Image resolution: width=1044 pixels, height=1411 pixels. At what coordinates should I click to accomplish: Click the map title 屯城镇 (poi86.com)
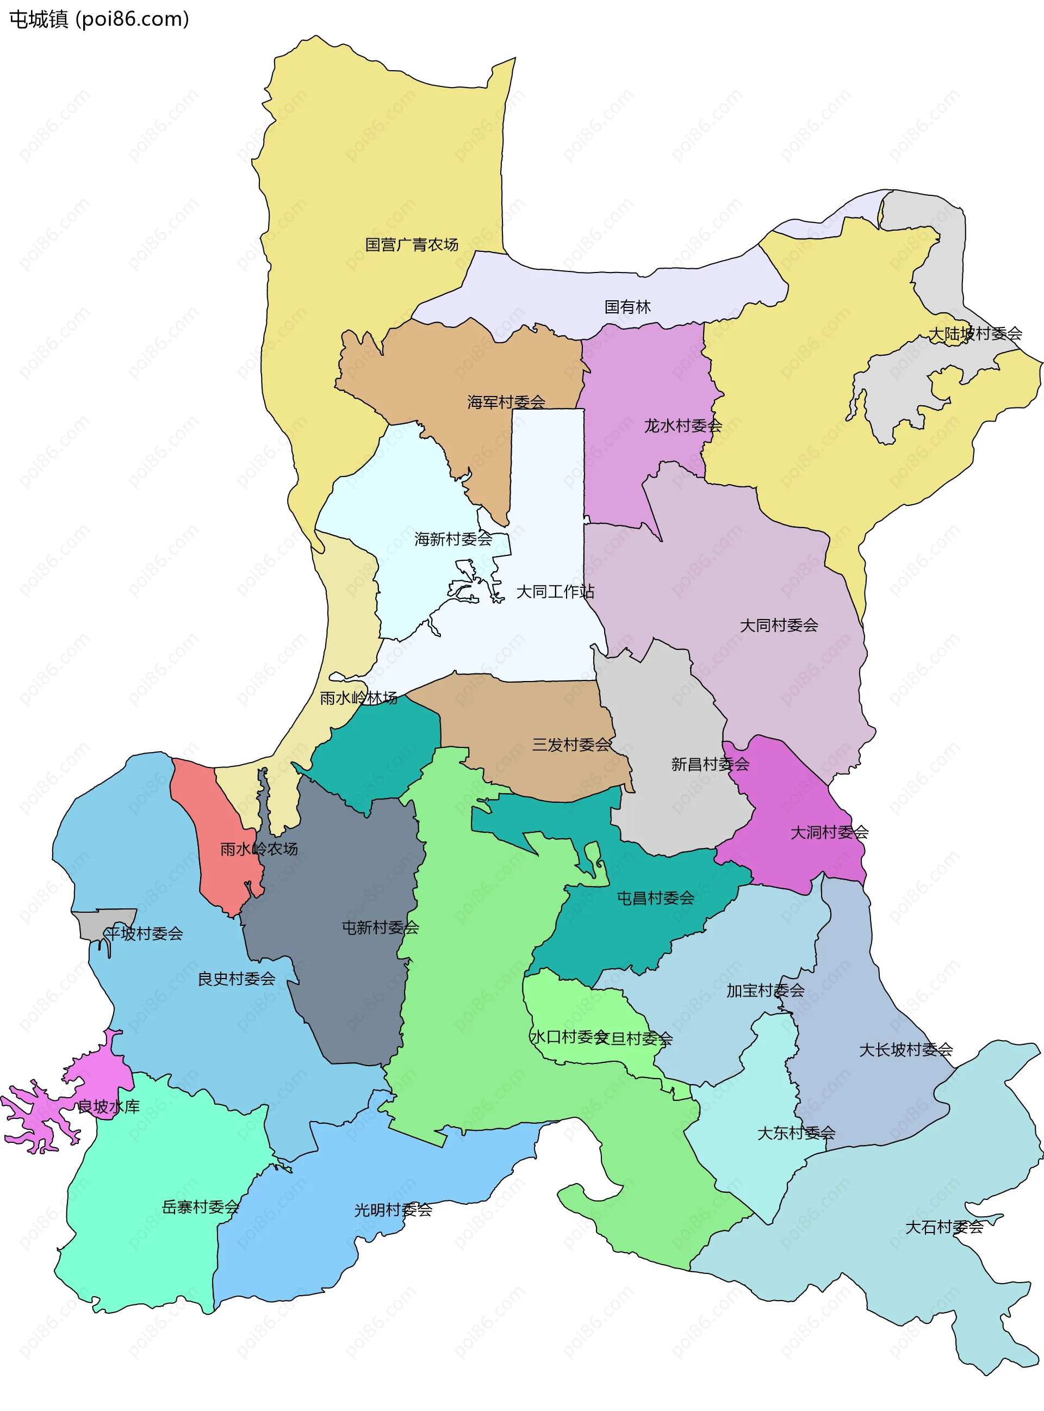tap(99, 20)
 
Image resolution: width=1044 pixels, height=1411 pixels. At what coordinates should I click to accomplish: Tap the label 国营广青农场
tap(412, 245)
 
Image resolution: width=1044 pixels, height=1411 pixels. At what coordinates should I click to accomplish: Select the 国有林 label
tap(627, 307)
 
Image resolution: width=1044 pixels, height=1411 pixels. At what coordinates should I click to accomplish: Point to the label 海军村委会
tap(506, 402)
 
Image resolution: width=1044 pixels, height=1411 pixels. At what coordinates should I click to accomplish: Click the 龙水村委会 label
tap(682, 426)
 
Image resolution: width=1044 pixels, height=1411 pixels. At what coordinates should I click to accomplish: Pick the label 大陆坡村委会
tap(974, 334)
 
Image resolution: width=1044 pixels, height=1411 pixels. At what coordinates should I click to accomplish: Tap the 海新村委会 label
tap(453, 539)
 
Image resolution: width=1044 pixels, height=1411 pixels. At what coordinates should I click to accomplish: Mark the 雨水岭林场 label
tap(358, 698)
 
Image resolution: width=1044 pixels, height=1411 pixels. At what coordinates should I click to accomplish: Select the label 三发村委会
tap(571, 745)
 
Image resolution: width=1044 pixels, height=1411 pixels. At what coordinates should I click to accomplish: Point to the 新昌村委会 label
tap(710, 765)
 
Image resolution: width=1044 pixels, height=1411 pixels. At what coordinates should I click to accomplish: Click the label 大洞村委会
tap(829, 833)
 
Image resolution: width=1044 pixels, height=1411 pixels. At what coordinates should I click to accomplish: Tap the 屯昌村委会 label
tap(655, 898)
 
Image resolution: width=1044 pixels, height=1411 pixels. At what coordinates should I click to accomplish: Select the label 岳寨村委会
tap(200, 1208)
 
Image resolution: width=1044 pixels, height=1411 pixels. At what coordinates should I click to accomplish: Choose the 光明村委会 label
tap(393, 1210)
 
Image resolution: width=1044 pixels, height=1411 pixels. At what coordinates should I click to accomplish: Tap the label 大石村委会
tap(943, 1228)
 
